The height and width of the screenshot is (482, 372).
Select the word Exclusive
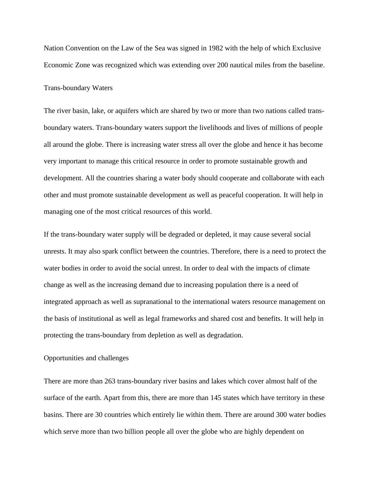[x=306, y=48]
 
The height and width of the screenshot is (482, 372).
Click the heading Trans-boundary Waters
[x=78, y=88]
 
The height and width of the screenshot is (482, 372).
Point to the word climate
[x=298, y=268]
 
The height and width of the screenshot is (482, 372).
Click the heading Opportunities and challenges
[x=86, y=358]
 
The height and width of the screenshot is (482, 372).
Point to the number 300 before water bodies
[x=282, y=415]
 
